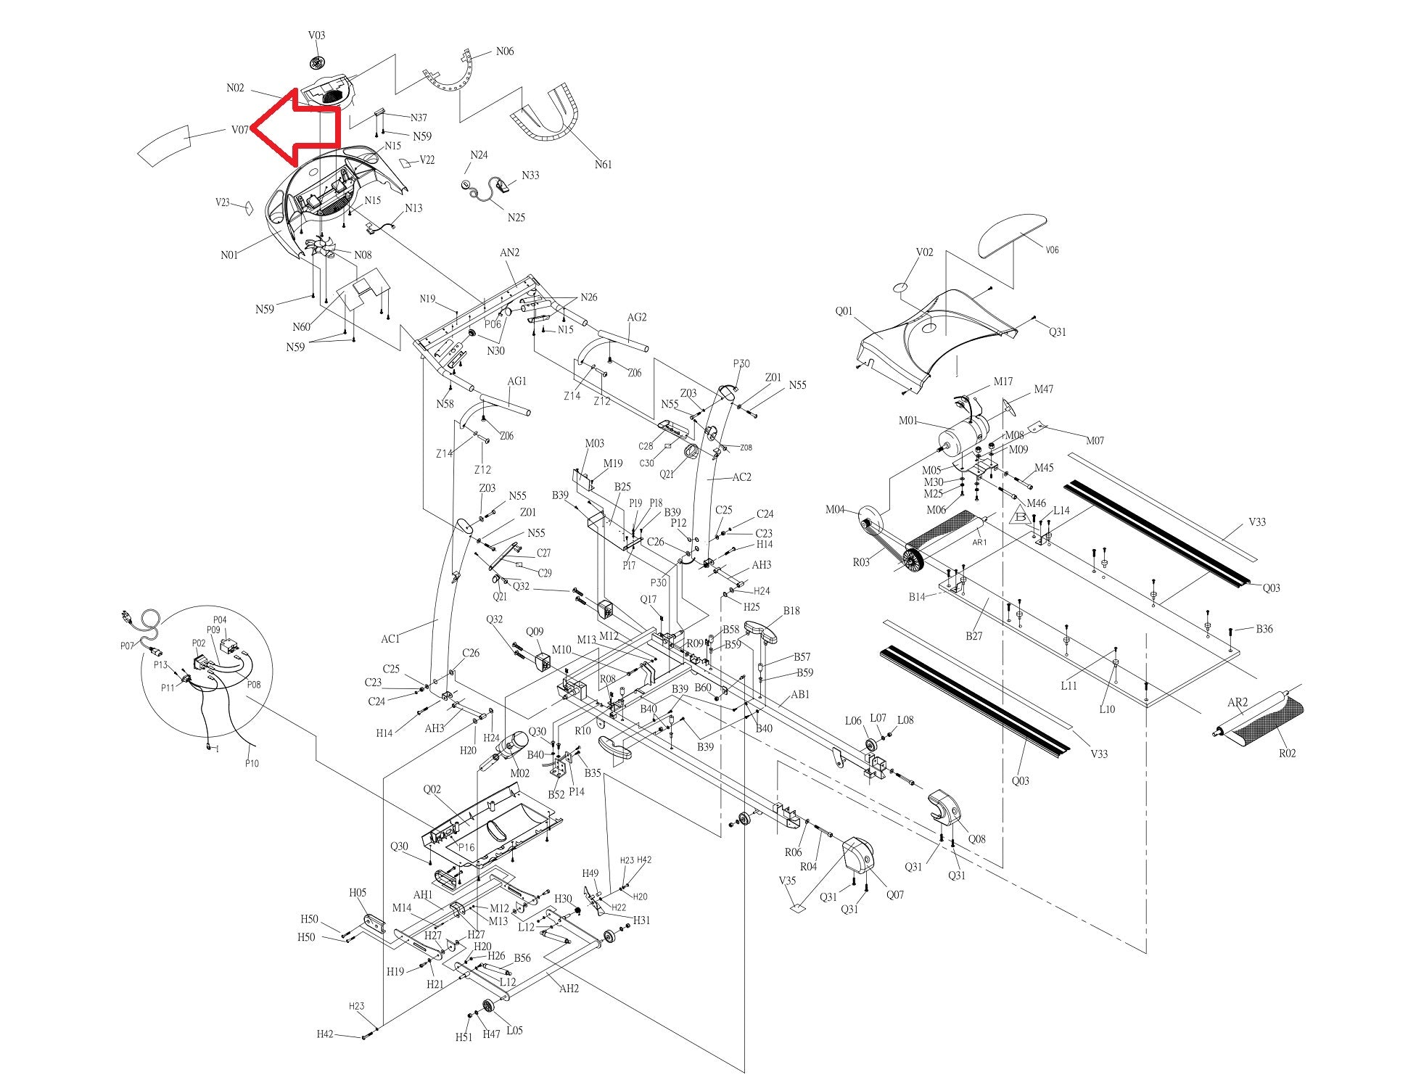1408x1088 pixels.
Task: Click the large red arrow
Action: coord(297,128)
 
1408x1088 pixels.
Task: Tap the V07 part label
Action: coord(240,131)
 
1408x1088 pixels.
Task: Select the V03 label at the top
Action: coord(317,35)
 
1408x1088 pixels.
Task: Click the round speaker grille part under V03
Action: coord(317,61)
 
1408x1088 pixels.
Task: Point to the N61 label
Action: coord(603,165)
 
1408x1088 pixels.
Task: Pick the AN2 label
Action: coord(510,252)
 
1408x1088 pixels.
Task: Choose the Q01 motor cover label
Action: coord(844,311)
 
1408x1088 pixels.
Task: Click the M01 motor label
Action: coord(908,421)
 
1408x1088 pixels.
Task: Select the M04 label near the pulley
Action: coord(835,509)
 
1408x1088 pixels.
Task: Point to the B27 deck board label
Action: coord(973,636)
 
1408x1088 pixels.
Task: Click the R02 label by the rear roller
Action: coord(1287,754)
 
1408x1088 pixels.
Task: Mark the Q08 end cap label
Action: coord(977,839)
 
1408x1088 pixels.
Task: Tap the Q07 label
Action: coord(895,894)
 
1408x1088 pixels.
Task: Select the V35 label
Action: coord(787,881)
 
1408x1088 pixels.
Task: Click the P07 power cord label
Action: coord(128,646)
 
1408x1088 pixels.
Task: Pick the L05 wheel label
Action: coord(514,1031)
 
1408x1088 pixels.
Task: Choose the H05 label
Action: coord(358,893)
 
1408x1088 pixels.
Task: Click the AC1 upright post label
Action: coord(390,639)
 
